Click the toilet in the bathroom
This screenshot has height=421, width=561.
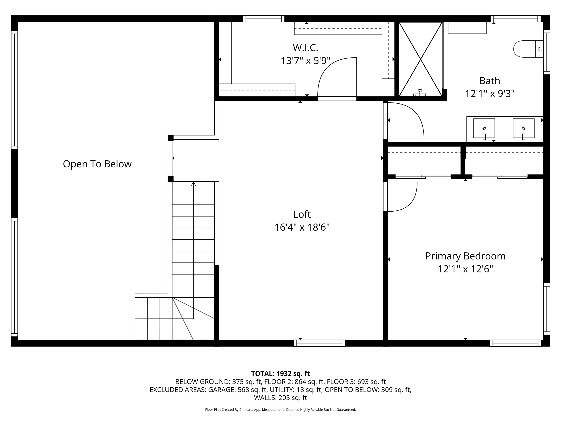[x=528, y=49]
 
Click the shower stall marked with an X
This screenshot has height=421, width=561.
[x=421, y=59]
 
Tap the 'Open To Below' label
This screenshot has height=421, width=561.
[x=97, y=164]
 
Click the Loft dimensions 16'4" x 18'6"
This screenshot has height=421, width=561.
[x=302, y=227]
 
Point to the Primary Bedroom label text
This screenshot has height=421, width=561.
[x=465, y=256]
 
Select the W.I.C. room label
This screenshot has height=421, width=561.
[x=305, y=48]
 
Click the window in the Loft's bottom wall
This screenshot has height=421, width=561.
[x=319, y=343]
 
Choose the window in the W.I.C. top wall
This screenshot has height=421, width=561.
[x=264, y=19]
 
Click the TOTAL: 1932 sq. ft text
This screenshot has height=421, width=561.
[x=280, y=373]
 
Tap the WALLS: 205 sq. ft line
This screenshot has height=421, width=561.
[x=280, y=398]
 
